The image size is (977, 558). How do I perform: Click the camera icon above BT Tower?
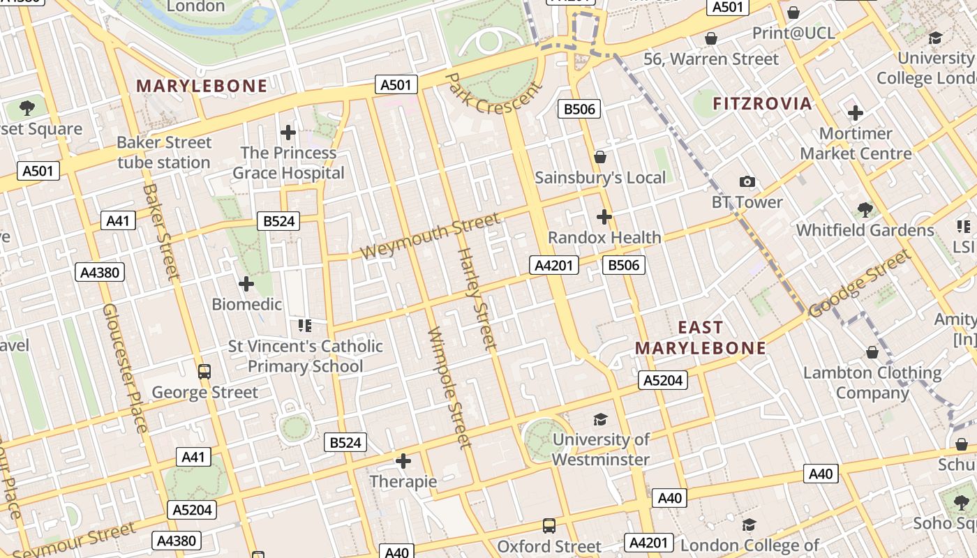(x=747, y=182)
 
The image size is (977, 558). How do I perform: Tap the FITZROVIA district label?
(x=762, y=104)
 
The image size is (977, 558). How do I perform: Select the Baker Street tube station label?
(x=164, y=152)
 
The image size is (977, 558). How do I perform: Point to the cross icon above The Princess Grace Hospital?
(x=288, y=132)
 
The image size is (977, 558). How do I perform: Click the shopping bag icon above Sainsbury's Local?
(x=599, y=157)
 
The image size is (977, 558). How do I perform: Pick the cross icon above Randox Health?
(x=604, y=217)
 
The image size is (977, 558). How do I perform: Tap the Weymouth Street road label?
(x=431, y=236)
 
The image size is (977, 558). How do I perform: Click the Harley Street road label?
(x=477, y=299)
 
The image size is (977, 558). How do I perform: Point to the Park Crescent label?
(x=493, y=93)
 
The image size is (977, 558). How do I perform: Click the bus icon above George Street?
(x=204, y=372)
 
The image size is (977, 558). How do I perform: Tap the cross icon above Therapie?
(x=403, y=461)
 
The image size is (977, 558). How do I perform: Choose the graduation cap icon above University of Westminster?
(x=600, y=419)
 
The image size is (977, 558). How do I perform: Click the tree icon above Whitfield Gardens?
(x=865, y=209)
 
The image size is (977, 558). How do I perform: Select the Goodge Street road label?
(x=860, y=285)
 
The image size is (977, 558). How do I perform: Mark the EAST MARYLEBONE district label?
(x=701, y=338)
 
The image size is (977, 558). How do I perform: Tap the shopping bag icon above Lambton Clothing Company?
(x=872, y=352)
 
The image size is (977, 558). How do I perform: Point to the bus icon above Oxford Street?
(x=549, y=525)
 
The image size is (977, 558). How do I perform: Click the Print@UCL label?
(x=793, y=33)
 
